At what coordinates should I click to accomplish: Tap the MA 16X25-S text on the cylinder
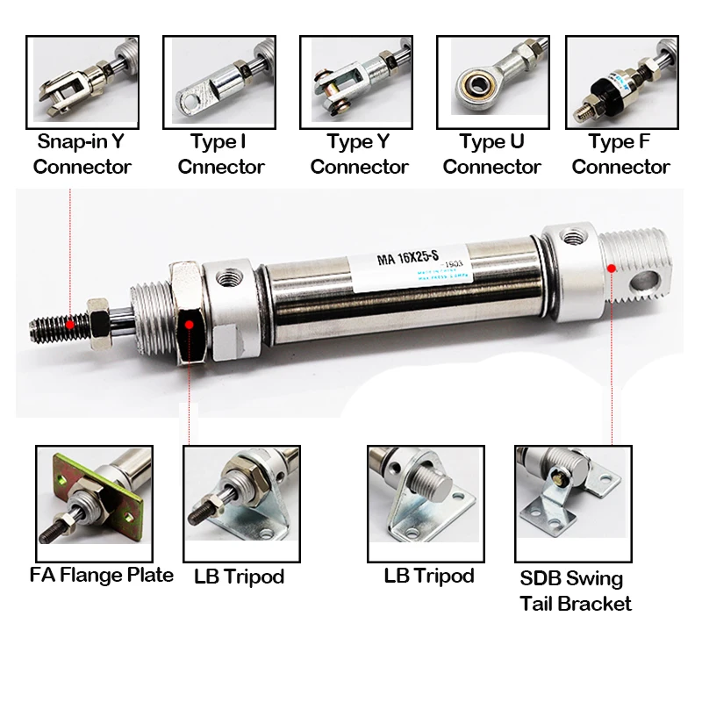[x=409, y=260]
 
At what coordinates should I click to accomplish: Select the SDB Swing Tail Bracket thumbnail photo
[x=572, y=503]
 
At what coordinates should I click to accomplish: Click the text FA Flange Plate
[x=101, y=576]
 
